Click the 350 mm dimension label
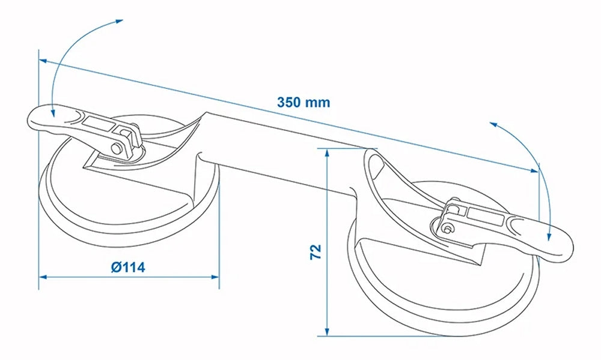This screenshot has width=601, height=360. click(304, 102)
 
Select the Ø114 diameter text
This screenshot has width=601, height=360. click(128, 267)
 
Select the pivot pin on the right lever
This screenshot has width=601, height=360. click(447, 227)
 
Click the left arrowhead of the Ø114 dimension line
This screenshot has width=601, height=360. click(43, 276)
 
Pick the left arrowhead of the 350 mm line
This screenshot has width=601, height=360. click(42, 59)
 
